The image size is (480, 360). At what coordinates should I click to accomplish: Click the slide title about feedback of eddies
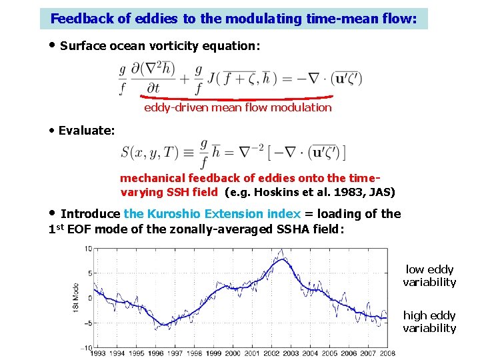[x=233, y=19]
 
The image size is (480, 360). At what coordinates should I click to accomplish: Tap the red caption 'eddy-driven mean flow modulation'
[x=237, y=107]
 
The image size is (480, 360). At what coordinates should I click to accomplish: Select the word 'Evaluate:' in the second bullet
[x=86, y=130]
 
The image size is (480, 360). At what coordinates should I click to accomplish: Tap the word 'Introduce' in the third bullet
[x=90, y=214]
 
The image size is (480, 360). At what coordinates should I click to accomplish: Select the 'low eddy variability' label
[x=429, y=276]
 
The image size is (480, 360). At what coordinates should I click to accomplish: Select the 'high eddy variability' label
[x=429, y=321]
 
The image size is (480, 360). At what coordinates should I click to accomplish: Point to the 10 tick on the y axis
[x=87, y=249]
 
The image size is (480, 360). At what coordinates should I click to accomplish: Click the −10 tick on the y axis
[x=86, y=347]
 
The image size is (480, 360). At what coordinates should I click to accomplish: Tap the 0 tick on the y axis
[x=89, y=298]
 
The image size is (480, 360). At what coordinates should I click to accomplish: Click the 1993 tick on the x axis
[x=98, y=353]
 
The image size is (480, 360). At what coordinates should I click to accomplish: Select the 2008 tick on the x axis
[x=387, y=353]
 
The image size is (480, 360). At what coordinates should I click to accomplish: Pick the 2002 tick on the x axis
[x=271, y=353]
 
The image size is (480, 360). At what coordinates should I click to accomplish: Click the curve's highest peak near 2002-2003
[x=283, y=259]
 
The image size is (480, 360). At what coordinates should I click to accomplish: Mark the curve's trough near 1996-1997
[x=163, y=325]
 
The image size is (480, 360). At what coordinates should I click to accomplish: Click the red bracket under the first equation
[x=237, y=98]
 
